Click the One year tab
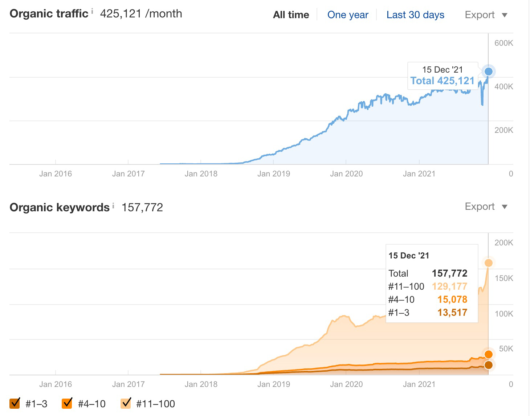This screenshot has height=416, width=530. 347,15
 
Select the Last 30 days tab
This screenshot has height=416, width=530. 415,15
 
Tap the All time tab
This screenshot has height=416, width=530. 291,15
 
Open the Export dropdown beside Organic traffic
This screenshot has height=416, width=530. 486,15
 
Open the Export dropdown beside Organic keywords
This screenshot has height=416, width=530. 486,207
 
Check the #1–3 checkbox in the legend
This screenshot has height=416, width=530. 15,403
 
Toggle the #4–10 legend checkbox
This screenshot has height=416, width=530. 67,403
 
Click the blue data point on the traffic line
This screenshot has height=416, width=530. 489,72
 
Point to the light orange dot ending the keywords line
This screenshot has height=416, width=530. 489,263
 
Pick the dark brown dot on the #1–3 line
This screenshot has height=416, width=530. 489,365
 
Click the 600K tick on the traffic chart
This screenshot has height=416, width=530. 503,43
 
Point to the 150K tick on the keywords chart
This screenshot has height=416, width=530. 503,278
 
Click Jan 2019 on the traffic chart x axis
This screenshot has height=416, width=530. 273,174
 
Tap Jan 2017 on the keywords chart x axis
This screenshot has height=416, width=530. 128,384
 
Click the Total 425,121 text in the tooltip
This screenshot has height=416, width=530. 442,81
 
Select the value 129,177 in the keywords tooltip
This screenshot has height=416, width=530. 449,286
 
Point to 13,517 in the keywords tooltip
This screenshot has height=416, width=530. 452,313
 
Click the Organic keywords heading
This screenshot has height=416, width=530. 60,207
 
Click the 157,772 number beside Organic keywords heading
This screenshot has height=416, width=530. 142,208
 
